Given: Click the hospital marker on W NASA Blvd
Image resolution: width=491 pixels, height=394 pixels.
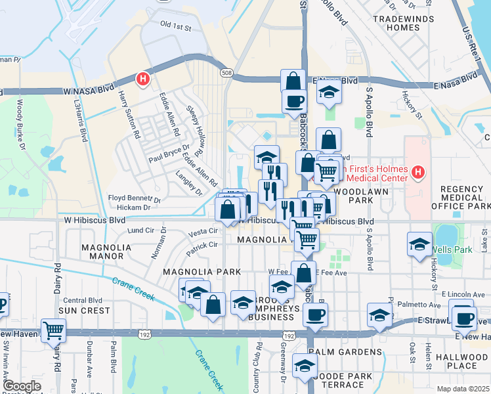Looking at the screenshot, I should pos(142,79).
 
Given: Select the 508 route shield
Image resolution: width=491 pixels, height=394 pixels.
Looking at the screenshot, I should pos(226,72).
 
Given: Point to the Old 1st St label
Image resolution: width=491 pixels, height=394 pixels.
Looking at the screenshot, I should pos(175,28).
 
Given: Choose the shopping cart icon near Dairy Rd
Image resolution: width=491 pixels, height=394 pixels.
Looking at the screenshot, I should pos(53,330).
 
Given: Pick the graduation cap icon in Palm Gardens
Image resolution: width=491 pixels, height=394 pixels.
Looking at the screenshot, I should pos(305,365).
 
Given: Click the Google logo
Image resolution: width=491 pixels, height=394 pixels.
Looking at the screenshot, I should pos(22,387).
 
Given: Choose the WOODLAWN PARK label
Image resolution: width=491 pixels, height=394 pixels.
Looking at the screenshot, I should pos(361,196).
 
